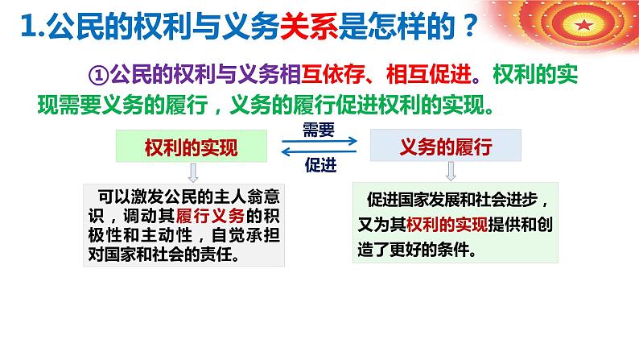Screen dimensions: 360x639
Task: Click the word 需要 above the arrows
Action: (x=319, y=129)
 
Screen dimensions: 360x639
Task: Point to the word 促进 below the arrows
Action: (x=319, y=165)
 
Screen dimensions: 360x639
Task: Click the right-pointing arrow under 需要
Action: (x=319, y=143)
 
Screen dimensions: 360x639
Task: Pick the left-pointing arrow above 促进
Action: (x=319, y=152)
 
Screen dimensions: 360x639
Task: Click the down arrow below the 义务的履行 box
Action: (x=451, y=172)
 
